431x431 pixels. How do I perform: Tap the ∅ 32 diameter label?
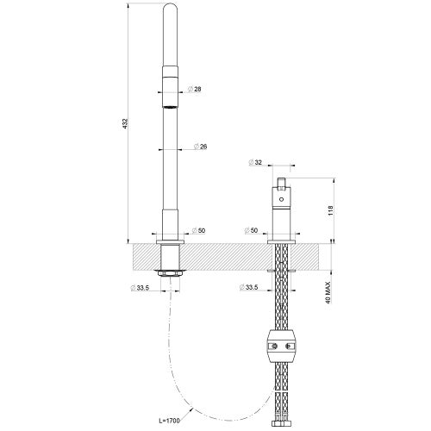click(x=256, y=163)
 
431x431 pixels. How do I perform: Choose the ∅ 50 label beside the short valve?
click(x=253, y=231)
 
